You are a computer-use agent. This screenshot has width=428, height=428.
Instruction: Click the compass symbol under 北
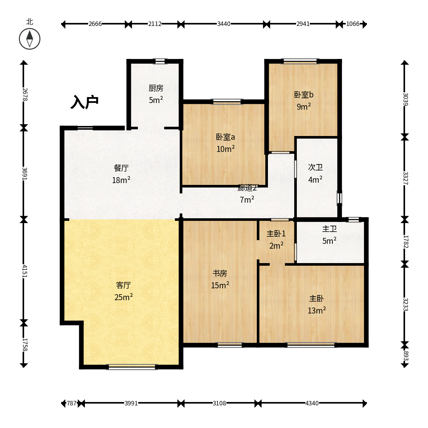pos(30,39)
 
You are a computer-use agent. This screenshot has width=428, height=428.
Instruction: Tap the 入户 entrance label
pos(84,102)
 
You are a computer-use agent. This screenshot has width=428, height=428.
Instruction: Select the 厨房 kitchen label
pos(156,88)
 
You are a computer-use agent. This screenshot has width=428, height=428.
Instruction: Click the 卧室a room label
pos(225,137)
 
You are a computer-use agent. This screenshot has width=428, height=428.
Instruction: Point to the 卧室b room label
pos(303,95)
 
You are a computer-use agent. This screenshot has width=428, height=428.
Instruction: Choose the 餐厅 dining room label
pos(121,168)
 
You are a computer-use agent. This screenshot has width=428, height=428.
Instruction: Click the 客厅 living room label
pos(123,285)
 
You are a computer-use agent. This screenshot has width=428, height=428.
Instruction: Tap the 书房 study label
pos(220,273)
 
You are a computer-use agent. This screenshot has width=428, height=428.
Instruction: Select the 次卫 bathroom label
pos(315,167)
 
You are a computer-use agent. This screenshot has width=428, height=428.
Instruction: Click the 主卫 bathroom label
pos(329,229)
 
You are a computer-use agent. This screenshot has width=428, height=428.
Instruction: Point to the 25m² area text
pos(123,297)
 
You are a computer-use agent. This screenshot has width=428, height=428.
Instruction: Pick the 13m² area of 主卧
pos(316,311)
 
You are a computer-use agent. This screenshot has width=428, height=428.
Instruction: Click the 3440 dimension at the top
pos(223,24)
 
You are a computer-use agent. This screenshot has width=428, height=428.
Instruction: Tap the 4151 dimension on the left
pos(24,271)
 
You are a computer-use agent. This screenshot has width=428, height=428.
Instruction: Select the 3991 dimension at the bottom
pos(131,403)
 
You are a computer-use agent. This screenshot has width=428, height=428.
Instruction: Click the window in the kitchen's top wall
pos(160,61)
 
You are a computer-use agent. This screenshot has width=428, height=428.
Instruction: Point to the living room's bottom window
pos(132,367)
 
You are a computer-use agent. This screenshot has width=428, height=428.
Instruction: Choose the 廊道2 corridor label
pos(247,188)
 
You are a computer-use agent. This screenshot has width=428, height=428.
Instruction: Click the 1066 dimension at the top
pos(353,24)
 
